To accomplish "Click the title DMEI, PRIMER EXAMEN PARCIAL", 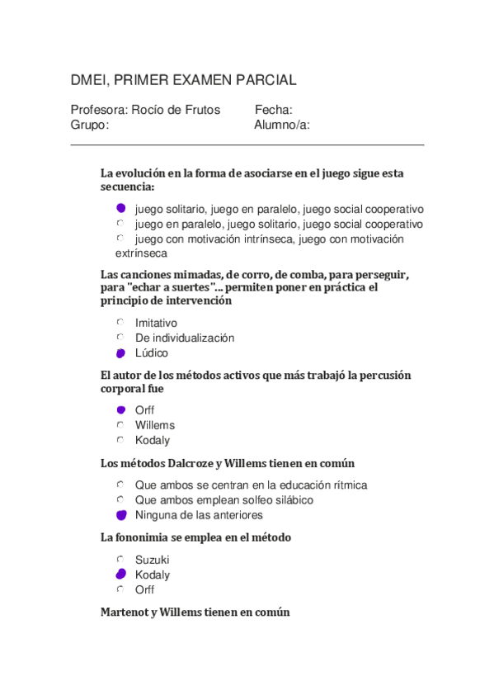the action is [x=183, y=80].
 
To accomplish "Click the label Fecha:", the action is [x=273, y=110].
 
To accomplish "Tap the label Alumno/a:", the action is [x=282, y=125].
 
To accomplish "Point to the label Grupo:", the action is [x=90, y=125].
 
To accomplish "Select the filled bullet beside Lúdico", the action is [x=120, y=353].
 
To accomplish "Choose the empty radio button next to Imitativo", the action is [x=120, y=323].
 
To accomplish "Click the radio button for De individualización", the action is [x=120, y=338].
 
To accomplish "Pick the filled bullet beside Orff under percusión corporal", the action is [x=120, y=409].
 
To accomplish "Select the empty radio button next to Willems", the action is [x=120, y=425].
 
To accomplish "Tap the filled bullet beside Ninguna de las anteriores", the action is [x=121, y=515].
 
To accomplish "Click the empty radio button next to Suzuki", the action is [x=120, y=560].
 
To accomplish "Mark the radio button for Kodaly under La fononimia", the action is [x=120, y=575].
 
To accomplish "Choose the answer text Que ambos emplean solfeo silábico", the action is [x=224, y=500].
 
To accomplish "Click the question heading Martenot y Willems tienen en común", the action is [x=195, y=612].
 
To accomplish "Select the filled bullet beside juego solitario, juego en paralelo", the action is [x=120, y=208].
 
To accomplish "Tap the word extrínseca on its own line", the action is [x=141, y=253].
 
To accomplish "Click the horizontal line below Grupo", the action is [x=247, y=145].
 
